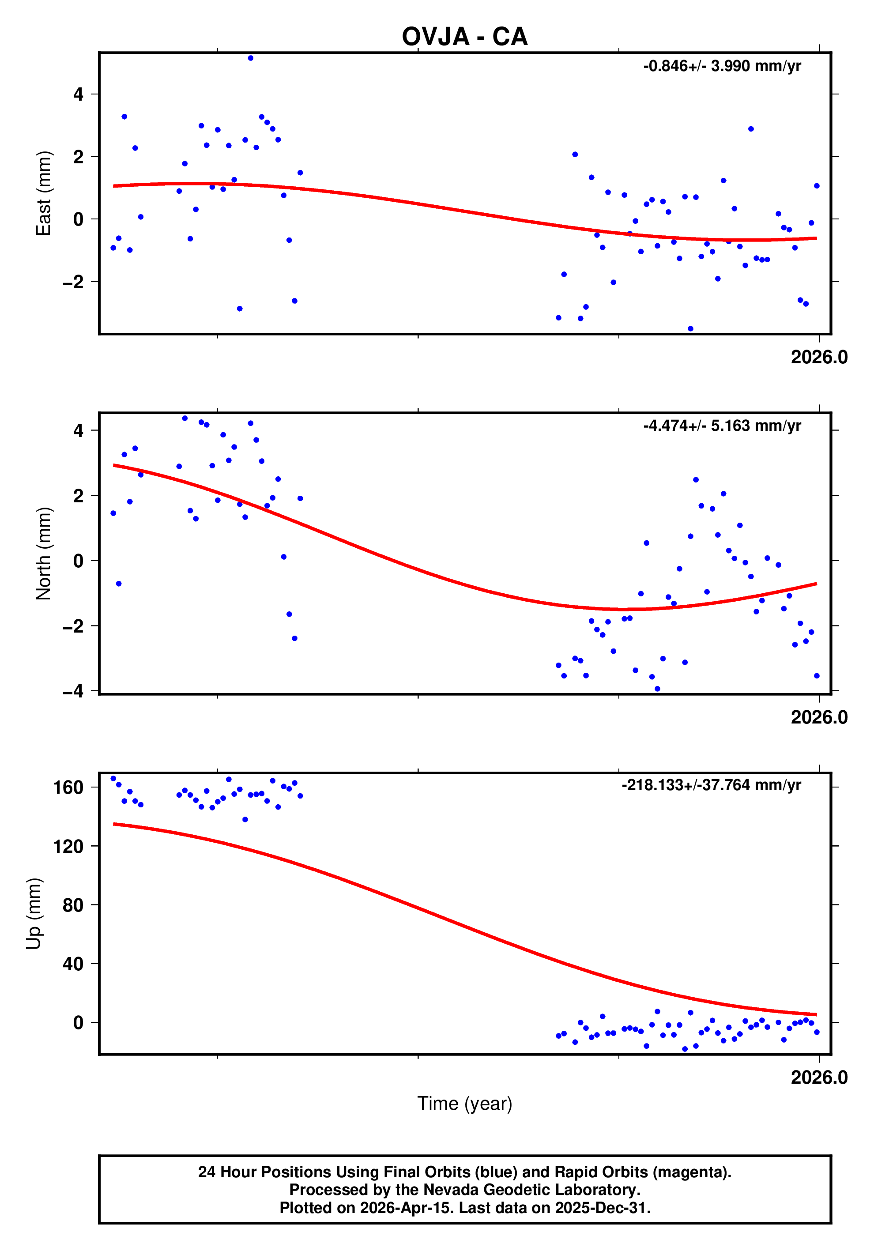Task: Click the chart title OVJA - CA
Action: click(464, 37)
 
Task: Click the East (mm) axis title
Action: click(44, 193)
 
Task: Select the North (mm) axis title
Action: click(44, 554)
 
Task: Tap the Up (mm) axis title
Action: click(34, 914)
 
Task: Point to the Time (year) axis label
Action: click(464, 1103)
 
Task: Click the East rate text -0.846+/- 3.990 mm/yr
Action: click(722, 66)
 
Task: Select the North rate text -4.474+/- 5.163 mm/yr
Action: click(722, 426)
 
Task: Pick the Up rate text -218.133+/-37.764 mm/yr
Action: click(711, 785)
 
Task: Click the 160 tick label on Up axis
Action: click(68, 788)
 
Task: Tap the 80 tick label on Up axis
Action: click(73, 905)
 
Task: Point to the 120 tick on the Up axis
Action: click(68, 846)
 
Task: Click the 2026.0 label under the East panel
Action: click(819, 358)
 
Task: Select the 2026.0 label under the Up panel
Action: click(819, 1077)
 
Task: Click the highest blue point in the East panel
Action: click(251, 58)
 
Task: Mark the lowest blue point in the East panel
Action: click(690, 328)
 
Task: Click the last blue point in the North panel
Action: click(816, 676)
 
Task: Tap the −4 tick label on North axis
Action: click(73, 691)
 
